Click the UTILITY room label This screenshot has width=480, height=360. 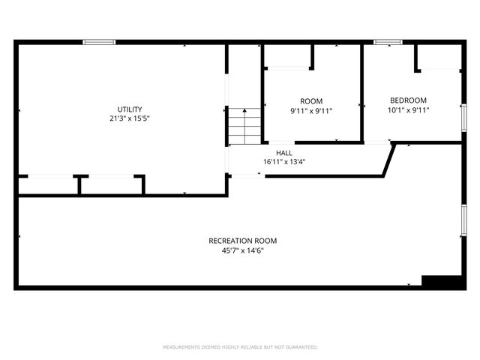pos(129,109)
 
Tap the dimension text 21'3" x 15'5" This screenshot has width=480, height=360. pos(129,118)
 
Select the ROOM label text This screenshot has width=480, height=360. pos(311,101)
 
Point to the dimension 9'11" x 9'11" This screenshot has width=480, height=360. pos(311,110)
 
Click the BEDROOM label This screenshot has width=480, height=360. pos(408,100)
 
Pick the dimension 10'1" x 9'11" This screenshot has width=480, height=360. pos(408,109)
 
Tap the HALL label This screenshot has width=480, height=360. pos(283,152)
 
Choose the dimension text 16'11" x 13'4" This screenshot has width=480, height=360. pos(283,161)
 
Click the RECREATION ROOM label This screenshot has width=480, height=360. pos(242,241)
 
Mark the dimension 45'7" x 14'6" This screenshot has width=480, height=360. pos(242,250)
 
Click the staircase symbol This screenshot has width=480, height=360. pos(244,126)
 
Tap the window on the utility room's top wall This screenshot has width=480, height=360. pos(98,42)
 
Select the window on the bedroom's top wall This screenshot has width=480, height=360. pos(388,42)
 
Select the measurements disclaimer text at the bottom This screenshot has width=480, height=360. pos(240,347)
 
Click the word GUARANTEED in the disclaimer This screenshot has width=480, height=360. pos(301,347)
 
